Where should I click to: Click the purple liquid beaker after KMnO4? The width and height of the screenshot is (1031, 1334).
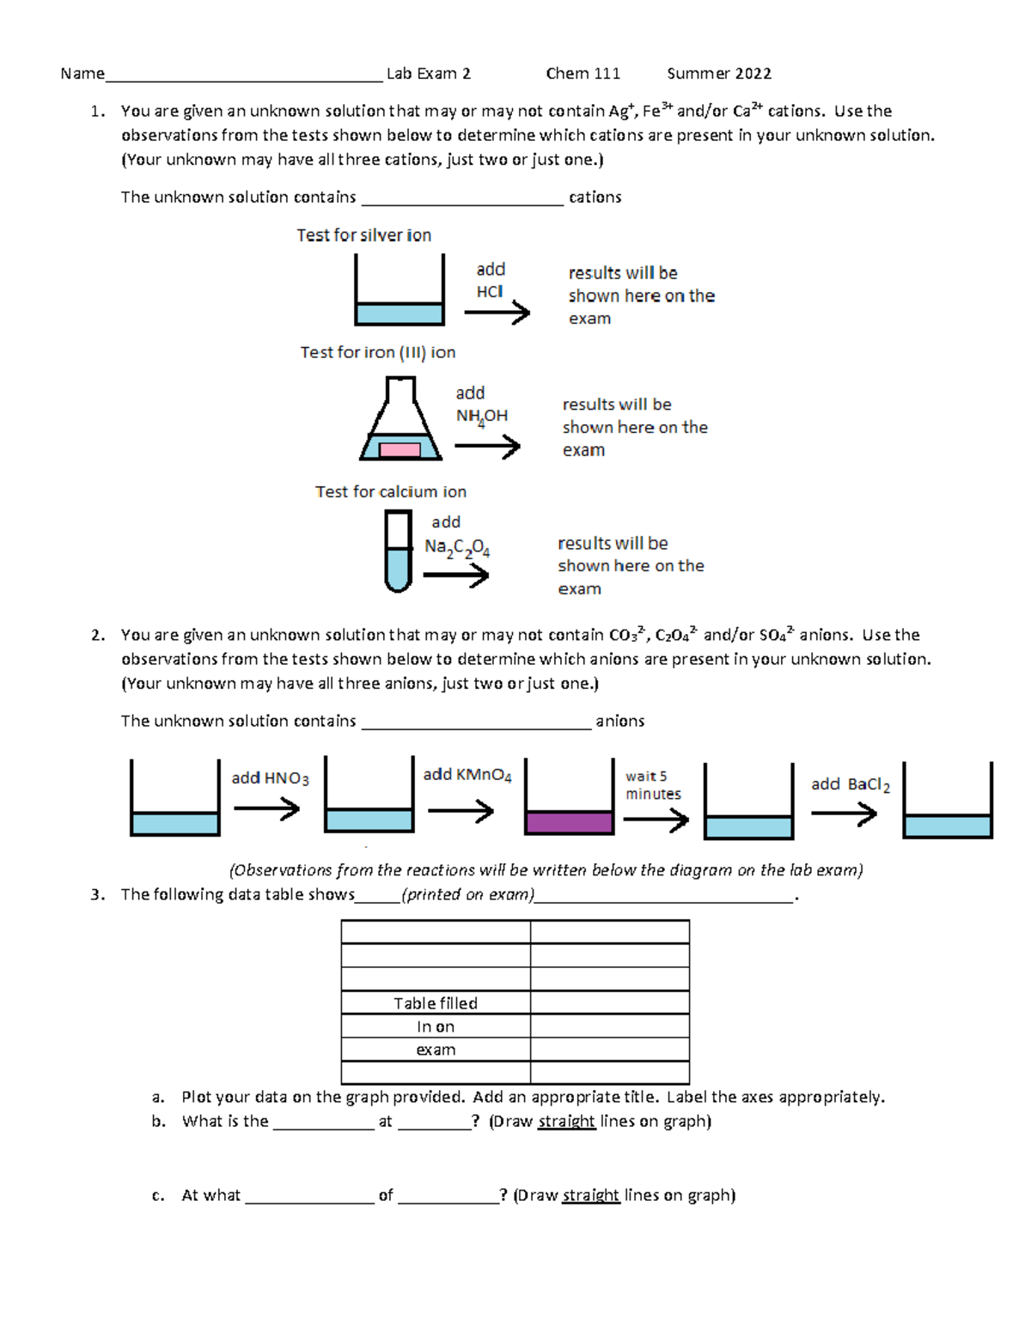pos(569,799)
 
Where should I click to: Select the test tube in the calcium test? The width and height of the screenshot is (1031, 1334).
pos(398,551)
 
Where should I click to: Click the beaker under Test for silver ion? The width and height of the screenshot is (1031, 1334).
pos(400,292)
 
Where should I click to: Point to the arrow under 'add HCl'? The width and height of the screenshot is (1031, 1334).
pos(497,313)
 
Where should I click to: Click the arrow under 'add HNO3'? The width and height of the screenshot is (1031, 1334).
pos(266,808)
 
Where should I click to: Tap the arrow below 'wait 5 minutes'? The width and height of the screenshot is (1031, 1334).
pos(656,820)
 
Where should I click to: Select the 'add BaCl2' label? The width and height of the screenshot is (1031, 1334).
pos(850,784)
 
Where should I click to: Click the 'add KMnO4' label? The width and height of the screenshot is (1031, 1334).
pos(467,775)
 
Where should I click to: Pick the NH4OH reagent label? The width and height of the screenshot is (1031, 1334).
pos(481,417)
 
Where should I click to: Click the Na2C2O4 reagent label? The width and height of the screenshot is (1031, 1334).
pos(457,548)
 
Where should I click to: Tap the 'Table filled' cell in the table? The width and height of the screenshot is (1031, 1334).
pos(436,1003)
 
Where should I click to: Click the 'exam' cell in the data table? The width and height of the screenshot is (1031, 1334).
pos(436,1050)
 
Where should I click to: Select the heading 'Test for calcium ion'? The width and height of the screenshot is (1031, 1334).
pos(390,492)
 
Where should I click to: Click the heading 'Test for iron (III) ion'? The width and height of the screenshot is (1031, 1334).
pos(377,352)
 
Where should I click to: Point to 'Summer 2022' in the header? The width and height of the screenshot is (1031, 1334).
pos(719,74)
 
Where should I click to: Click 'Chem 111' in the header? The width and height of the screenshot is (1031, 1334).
pos(583,74)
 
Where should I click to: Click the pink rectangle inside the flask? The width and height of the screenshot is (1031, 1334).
pos(400,449)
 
